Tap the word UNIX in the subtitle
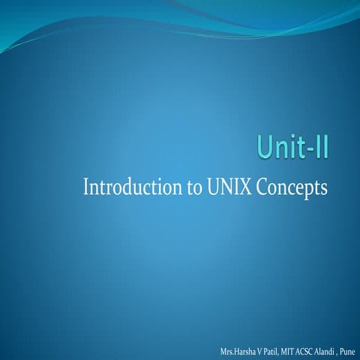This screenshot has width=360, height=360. [x=225, y=186]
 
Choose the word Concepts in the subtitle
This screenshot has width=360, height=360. [x=292, y=187]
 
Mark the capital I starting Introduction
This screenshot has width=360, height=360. [x=86, y=186]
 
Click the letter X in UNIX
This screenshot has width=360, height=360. [x=245, y=186]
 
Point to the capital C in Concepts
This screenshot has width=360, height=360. [x=262, y=186]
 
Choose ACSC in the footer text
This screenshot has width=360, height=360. [x=310, y=351]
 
